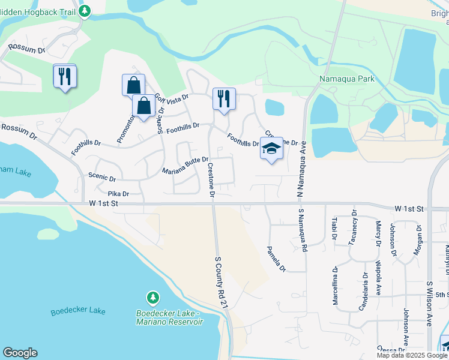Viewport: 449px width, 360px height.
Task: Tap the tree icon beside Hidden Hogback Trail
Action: pyautogui.click(x=85, y=10)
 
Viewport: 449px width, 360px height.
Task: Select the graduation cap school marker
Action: pyautogui.click(x=271, y=149)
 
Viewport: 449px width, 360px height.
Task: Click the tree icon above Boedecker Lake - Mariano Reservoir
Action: pyautogui.click(x=153, y=298)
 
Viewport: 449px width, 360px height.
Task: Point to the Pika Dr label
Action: pyautogui.click(x=118, y=194)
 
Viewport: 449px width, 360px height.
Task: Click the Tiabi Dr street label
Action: pyautogui.click(x=334, y=229)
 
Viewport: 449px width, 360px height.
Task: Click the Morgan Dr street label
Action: pyautogui.click(x=419, y=239)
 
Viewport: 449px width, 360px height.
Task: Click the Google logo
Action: pyautogui.click(x=20, y=353)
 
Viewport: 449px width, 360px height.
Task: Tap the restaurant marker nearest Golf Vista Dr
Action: pyautogui.click(x=224, y=100)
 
